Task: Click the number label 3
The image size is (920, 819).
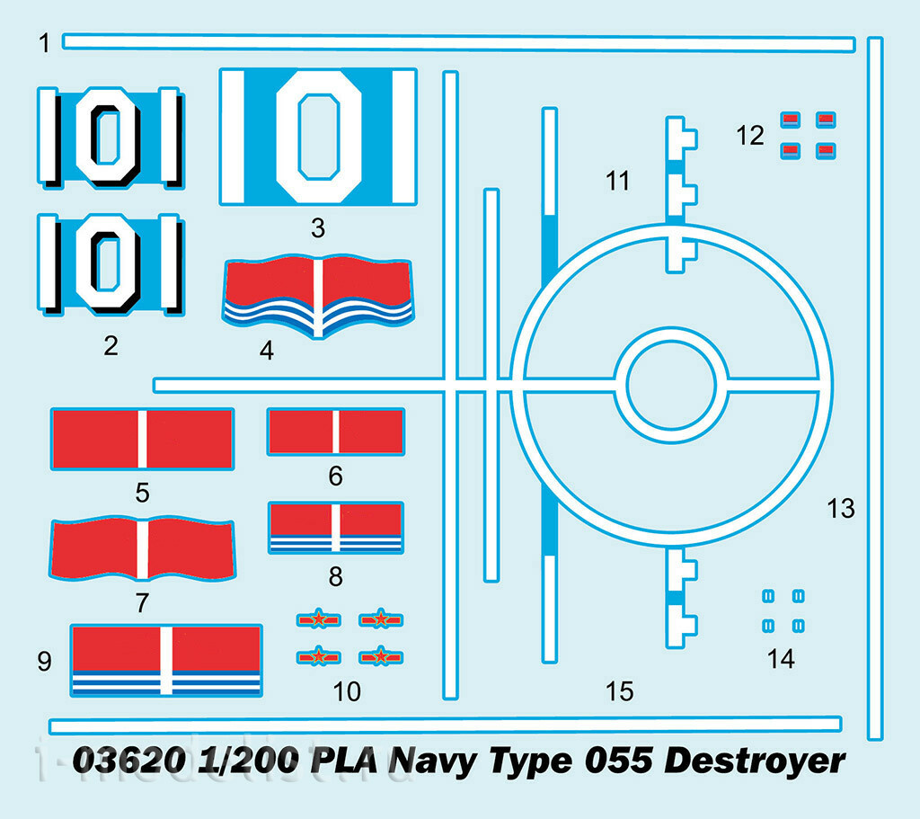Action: pos(317,227)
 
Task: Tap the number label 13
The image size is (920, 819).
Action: pos(841,509)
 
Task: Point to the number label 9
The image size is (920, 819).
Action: pos(45,661)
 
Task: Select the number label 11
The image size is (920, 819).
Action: pos(617,181)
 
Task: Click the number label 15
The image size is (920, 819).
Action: pos(620,691)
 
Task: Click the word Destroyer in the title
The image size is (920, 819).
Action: pos(755,761)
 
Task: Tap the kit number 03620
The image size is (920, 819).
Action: pos(129,761)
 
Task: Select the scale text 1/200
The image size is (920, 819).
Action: pos(249,761)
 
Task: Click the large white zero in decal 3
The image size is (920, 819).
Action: pos(319,137)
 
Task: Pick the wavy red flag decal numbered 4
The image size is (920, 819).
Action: pos(318,297)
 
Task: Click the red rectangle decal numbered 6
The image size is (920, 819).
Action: pos(336,432)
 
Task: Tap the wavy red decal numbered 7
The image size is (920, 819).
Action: pos(142,548)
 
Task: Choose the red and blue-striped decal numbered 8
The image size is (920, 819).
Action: pos(336,528)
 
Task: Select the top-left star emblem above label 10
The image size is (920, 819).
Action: pos(319,619)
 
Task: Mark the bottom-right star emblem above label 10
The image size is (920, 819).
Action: pos(381,656)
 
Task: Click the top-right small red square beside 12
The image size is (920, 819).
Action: pos(826,120)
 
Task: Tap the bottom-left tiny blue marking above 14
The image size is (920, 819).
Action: pos(768,627)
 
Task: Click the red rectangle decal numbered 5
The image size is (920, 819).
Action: pos(142,439)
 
